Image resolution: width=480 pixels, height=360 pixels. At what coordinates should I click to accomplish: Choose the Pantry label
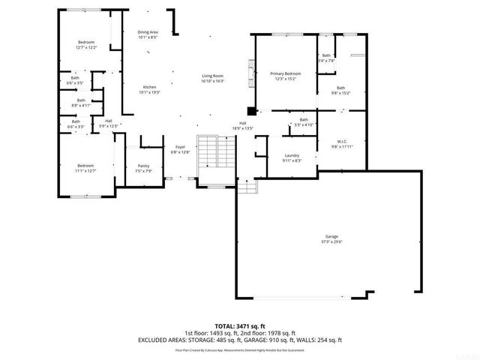(x=143, y=169)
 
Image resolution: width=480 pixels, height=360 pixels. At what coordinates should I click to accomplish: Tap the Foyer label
(x=180, y=149)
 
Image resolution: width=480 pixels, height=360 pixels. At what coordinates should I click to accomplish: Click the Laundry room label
(x=292, y=157)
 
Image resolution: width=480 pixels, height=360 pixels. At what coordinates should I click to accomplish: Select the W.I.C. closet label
(x=341, y=144)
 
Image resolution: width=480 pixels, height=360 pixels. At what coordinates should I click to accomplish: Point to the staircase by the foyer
(x=217, y=154)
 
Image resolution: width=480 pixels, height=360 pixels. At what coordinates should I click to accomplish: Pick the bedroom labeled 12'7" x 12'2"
(x=87, y=45)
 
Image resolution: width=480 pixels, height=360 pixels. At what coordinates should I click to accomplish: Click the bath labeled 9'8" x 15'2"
(x=340, y=91)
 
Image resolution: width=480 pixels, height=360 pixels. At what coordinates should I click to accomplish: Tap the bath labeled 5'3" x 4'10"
(x=304, y=122)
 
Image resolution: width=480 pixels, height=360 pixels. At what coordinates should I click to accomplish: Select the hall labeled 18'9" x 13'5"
(x=243, y=126)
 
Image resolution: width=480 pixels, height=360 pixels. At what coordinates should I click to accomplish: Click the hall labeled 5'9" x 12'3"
(x=108, y=124)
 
